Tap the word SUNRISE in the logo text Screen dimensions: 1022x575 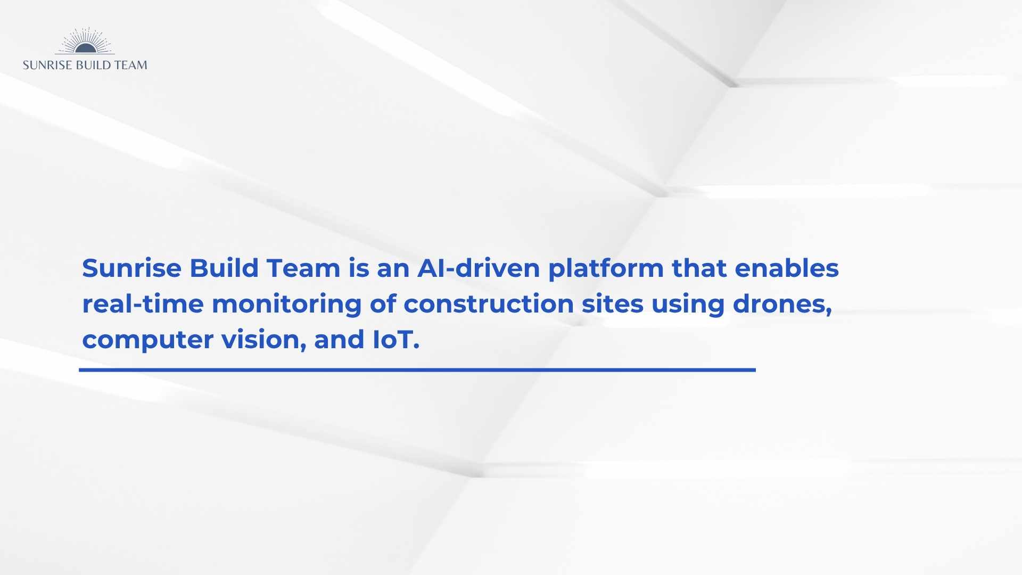47,65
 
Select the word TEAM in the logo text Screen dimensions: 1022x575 130,65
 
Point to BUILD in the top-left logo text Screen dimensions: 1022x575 93,65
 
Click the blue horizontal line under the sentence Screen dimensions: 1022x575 417,369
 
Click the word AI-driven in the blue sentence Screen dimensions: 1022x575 479,268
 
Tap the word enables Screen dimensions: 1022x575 787,268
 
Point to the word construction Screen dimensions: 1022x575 489,304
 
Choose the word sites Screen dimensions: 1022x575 613,304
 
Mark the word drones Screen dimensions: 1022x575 782,305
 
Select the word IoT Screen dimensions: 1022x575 396,340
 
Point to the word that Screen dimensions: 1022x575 699,268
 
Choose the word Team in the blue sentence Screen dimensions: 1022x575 303,268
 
